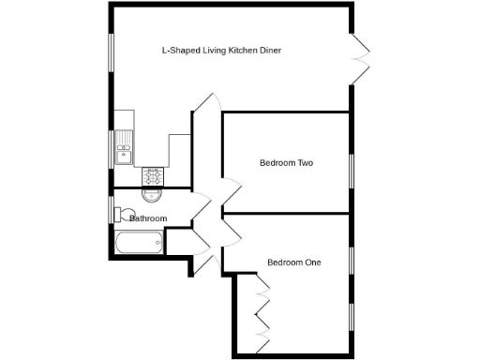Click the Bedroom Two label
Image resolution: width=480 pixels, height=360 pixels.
286,163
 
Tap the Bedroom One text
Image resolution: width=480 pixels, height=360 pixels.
293,262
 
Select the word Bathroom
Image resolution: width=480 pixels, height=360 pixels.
148,218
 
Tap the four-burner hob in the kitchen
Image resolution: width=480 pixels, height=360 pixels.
152,175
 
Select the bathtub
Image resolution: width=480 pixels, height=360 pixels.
137,244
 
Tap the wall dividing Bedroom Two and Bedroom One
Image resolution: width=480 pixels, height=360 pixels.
286,214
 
